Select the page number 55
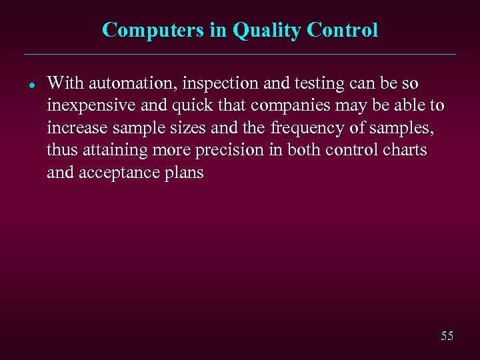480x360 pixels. [447, 336]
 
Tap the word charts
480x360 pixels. [405, 151]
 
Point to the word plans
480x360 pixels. [180, 173]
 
